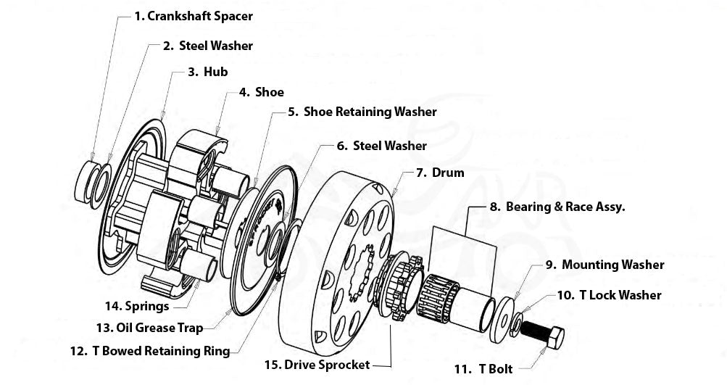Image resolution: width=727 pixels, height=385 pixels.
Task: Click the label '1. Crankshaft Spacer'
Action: pyautogui.click(x=194, y=15)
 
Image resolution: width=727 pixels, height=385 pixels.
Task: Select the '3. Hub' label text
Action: pyautogui.click(x=208, y=72)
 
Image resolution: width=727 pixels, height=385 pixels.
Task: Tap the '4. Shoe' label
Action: pyautogui.click(x=262, y=92)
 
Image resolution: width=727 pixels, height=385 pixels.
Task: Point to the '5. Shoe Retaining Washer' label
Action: pyautogui.click(x=362, y=112)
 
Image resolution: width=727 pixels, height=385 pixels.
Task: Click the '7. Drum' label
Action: pyautogui.click(x=440, y=173)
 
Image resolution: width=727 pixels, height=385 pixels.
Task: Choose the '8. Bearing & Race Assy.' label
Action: pyautogui.click(x=557, y=207)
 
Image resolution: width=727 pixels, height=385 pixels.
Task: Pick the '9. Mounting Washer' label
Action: pyautogui.click(x=604, y=265)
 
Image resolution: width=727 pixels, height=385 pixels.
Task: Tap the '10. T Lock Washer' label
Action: pyautogui.click(x=609, y=295)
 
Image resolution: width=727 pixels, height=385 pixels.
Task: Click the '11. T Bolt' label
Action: pyautogui.click(x=483, y=369)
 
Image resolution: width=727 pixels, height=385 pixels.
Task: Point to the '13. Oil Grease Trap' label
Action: pyautogui.click(x=150, y=328)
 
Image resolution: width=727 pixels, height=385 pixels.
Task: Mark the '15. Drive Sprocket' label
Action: pyautogui.click(x=317, y=365)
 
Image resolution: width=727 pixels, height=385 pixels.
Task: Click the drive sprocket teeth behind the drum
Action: pyautogui.click(x=396, y=290)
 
